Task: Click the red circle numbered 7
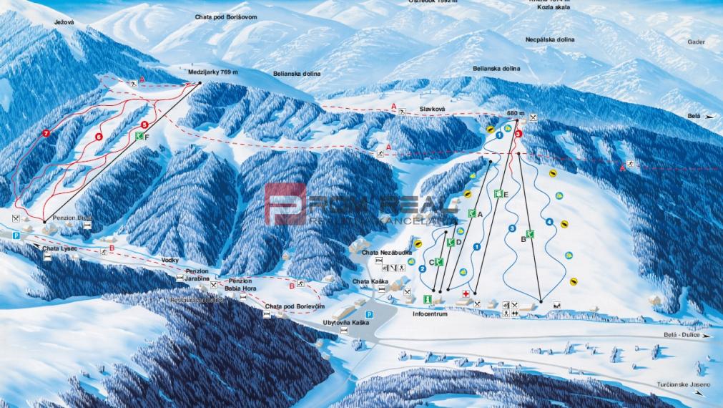(46, 134)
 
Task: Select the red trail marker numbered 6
(99, 136)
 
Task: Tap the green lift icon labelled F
(139, 135)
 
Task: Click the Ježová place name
(64, 23)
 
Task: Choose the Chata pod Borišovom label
(224, 16)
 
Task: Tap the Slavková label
(432, 109)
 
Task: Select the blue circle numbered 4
(549, 222)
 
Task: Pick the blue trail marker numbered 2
(423, 268)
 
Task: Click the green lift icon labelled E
(498, 193)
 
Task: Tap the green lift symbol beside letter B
(530, 234)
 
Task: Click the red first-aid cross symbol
(466, 293)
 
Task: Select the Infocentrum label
(430, 314)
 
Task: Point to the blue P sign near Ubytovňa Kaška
(370, 314)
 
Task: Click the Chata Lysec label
(59, 248)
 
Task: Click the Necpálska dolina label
(551, 40)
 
